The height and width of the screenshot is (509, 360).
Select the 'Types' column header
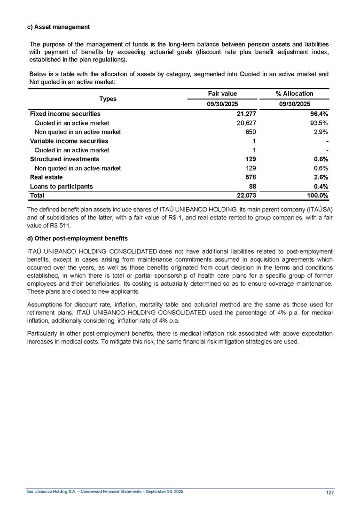pos(108,99)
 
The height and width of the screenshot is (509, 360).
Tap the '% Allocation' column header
pos(294,94)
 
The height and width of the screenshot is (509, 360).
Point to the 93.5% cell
pos(317,123)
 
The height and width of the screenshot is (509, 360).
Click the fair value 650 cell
pos(250,132)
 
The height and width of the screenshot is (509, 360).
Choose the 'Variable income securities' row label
pos(69,141)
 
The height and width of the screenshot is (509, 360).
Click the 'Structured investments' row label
pos(64,159)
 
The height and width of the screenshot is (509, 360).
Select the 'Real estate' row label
pos(46,177)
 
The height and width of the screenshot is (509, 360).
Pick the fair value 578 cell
pos(249,177)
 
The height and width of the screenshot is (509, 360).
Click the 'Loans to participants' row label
pos(61,186)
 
